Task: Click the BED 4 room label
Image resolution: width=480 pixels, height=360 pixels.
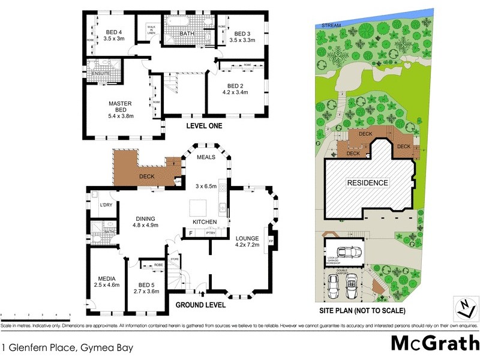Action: tap(113, 32)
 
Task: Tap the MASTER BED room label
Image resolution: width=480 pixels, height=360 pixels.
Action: tap(120, 104)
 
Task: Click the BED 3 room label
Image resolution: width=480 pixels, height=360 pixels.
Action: tap(242, 34)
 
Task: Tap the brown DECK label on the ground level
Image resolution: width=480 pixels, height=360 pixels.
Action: tap(147, 177)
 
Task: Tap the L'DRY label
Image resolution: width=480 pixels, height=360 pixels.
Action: tap(106, 206)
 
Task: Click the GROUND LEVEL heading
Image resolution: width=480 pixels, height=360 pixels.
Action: tap(200, 305)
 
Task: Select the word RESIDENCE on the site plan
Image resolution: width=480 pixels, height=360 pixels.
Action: tap(368, 183)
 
